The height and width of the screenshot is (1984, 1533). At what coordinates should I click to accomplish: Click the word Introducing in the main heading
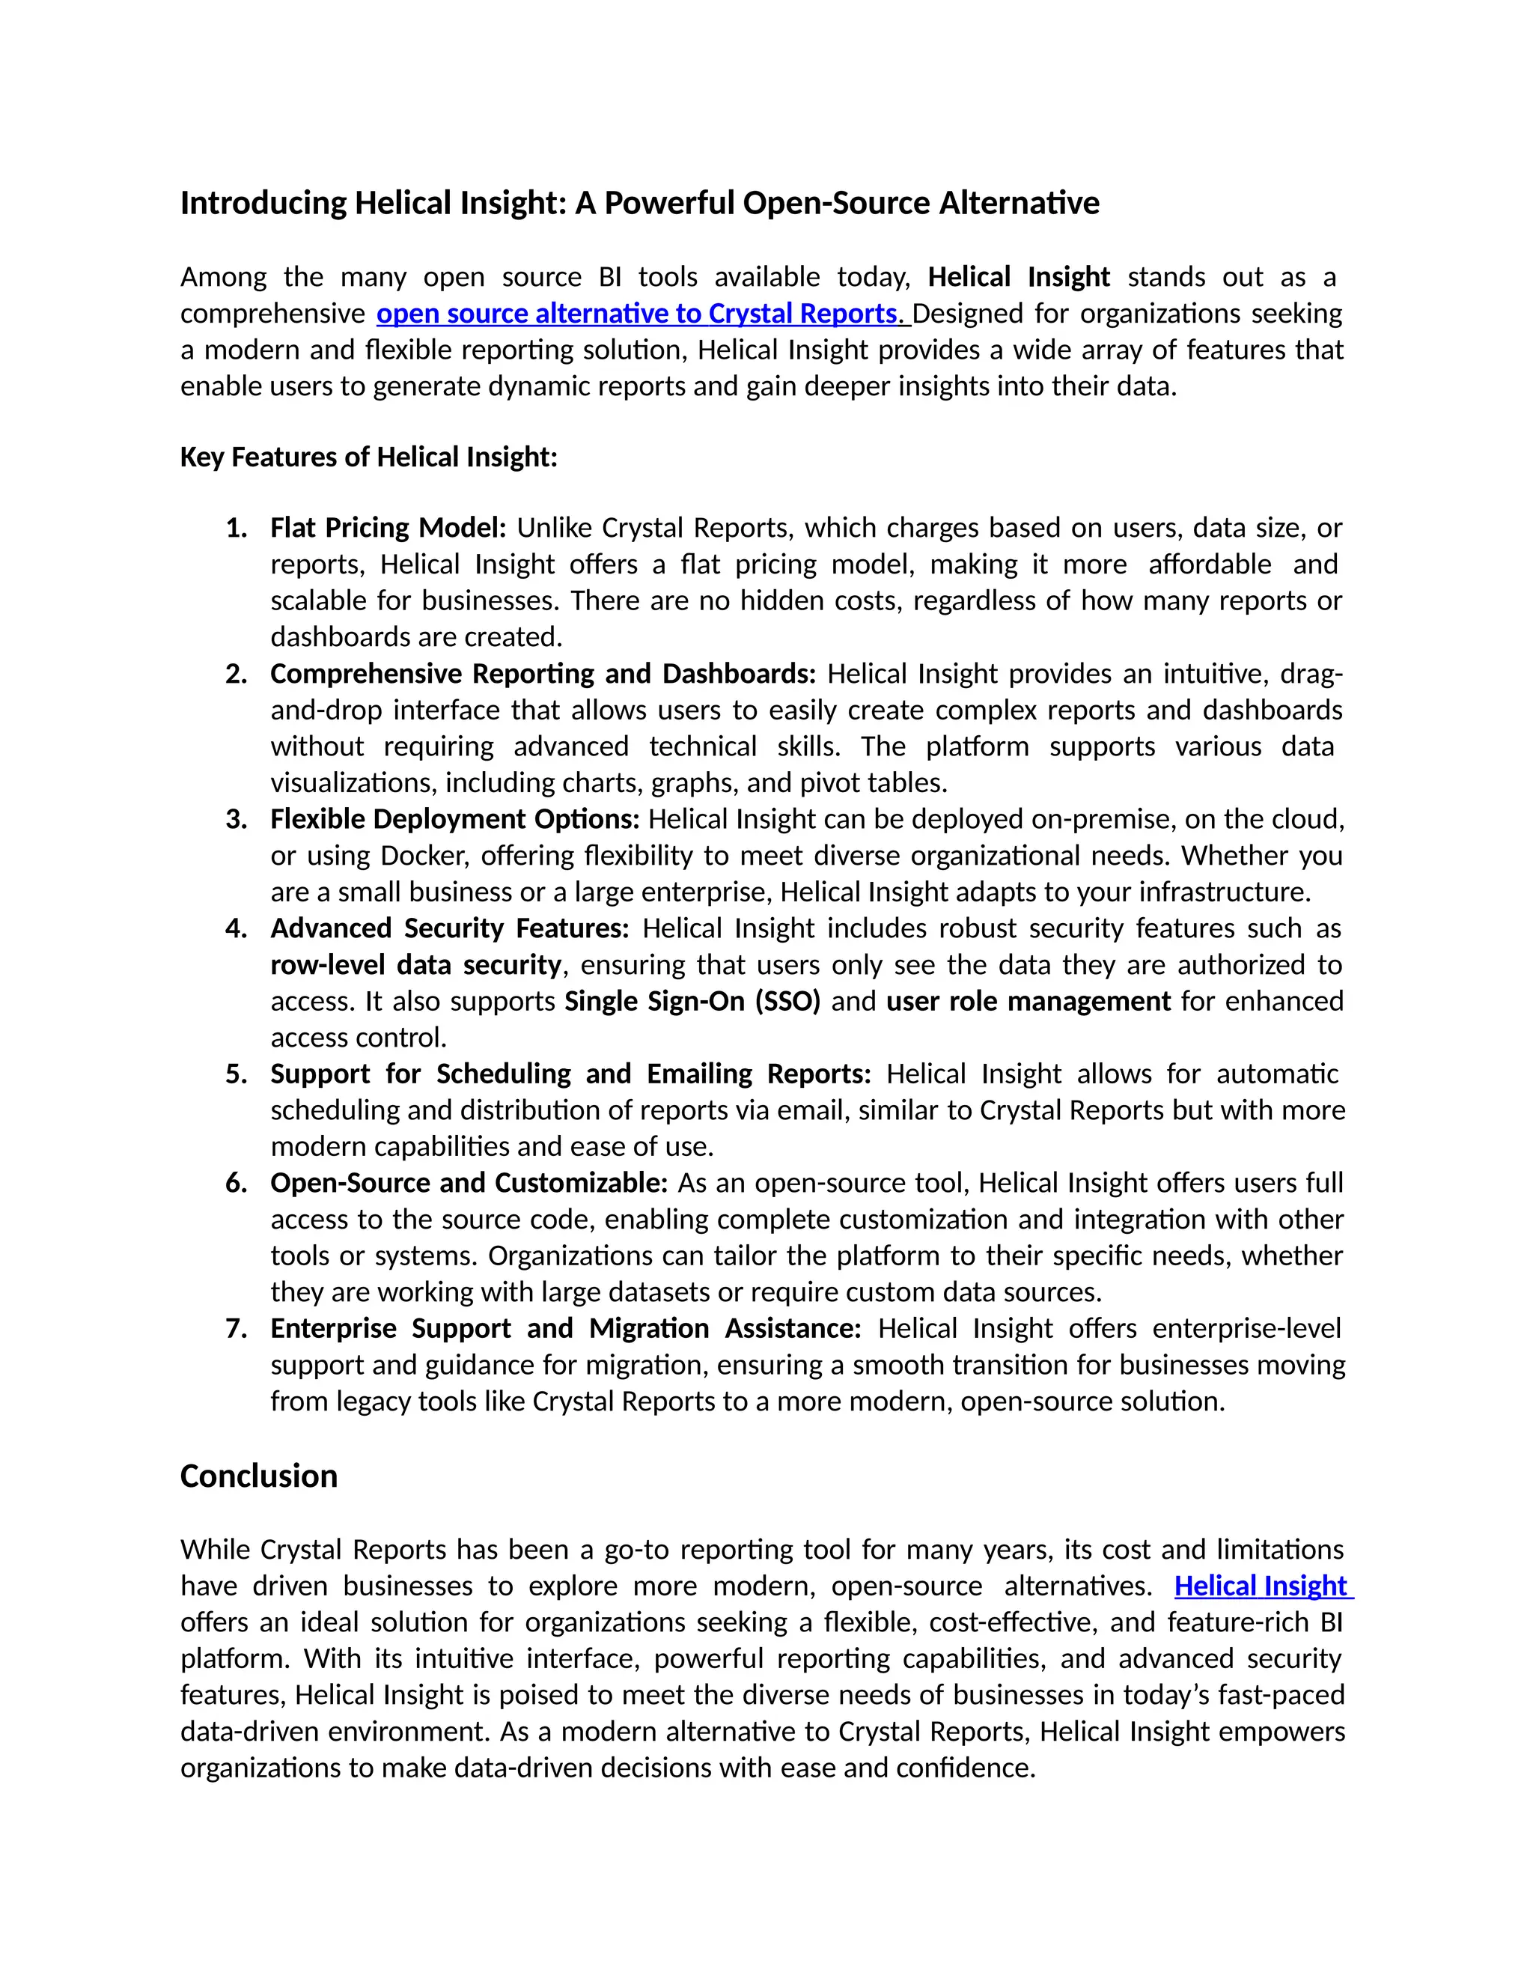(x=263, y=203)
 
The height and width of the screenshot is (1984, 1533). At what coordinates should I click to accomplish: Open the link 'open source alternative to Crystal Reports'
(x=636, y=314)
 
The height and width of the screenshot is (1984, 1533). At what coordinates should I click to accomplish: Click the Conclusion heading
(x=259, y=1476)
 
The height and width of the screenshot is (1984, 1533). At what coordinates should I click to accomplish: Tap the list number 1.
(x=236, y=528)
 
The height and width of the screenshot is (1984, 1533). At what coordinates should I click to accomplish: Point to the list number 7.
(x=236, y=1329)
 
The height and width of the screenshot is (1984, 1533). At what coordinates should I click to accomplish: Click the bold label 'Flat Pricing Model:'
(x=388, y=528)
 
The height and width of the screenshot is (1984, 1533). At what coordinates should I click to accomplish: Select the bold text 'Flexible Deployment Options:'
(x=454, y=819)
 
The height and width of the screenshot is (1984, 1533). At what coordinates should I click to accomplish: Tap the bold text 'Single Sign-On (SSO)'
(x=692, y=1001)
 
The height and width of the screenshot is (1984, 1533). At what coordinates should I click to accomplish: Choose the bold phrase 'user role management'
(x=1028, y=1001)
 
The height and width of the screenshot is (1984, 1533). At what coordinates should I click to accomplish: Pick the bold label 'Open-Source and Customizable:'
(x=469, y=1184)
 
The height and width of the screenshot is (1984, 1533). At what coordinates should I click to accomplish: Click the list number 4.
(x=236, y=928)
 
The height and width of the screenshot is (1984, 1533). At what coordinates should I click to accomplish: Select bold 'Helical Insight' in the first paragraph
(x=1018, y=277)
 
